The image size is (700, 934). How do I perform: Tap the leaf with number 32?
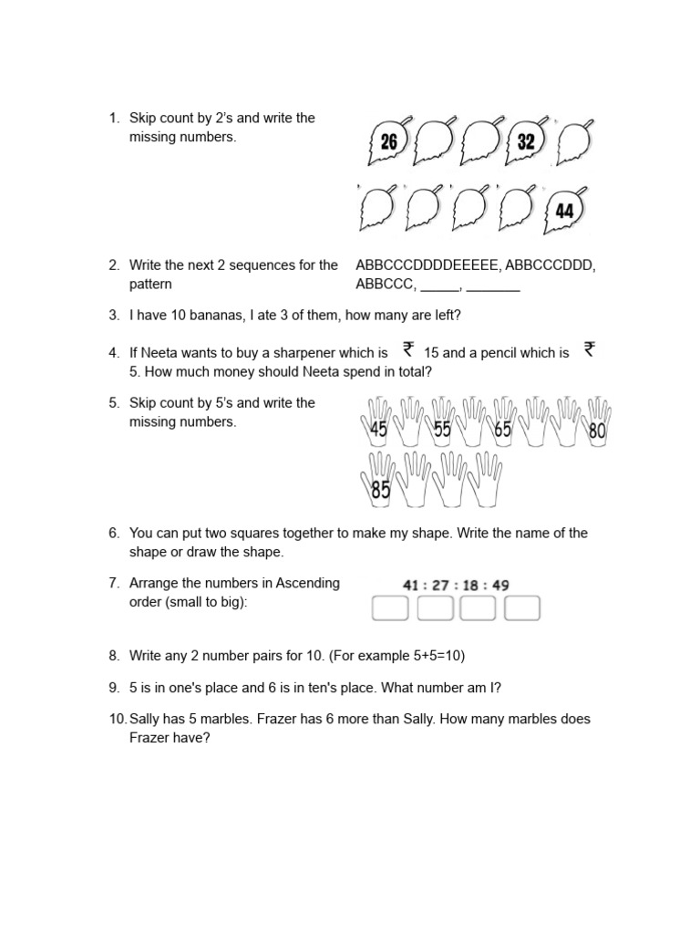525,142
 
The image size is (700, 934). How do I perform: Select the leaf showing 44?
564,211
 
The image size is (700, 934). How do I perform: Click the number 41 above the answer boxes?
412,586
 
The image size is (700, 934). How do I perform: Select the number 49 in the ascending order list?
499,586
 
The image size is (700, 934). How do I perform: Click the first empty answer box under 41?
390,608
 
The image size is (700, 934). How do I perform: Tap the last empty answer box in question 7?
522,608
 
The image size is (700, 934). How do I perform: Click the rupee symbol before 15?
408,349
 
